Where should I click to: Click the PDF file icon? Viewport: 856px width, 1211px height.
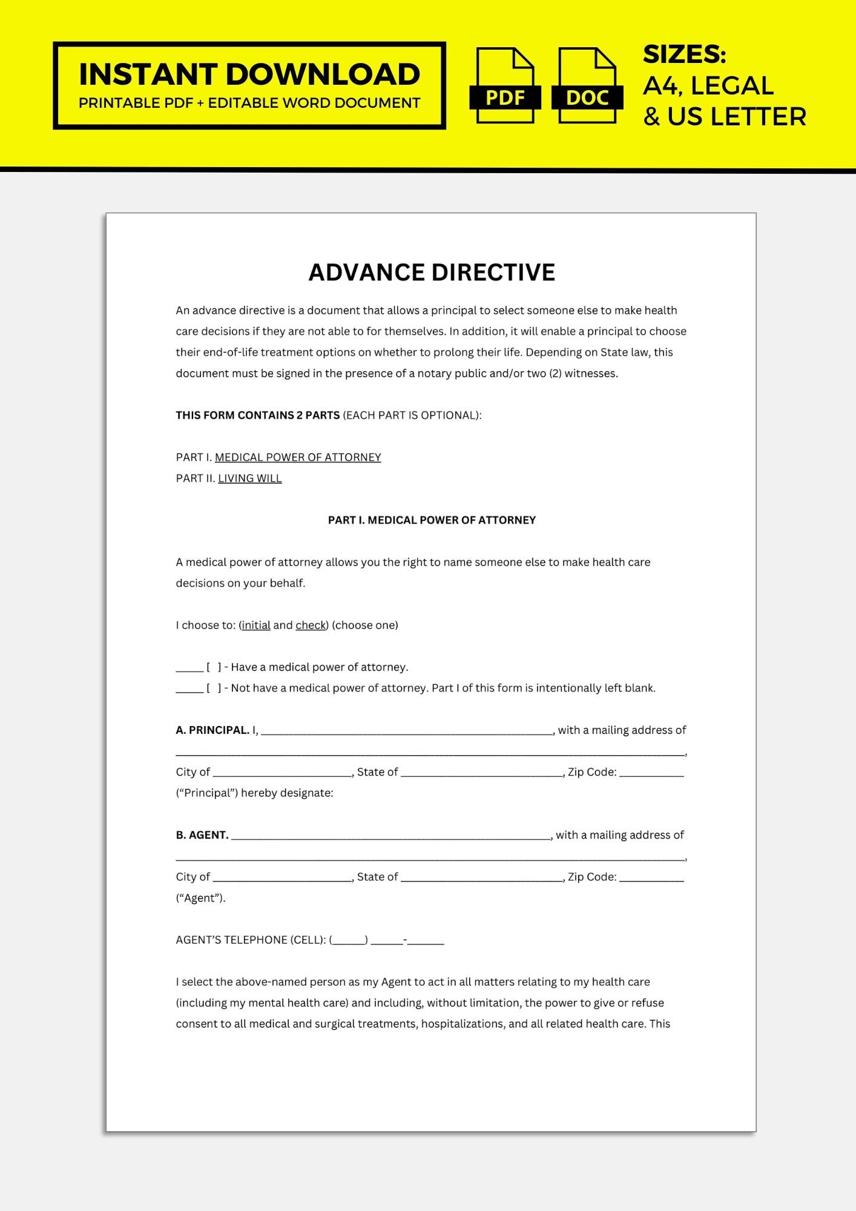505,86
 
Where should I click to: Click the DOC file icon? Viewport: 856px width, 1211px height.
587,86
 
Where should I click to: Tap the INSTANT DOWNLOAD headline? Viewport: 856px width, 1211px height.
249,74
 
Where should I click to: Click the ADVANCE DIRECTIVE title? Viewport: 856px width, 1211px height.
432,272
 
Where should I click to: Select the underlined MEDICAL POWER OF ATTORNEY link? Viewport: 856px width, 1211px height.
298,457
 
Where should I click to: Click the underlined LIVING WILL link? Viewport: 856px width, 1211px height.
250,478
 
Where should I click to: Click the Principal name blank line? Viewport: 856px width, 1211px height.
407,731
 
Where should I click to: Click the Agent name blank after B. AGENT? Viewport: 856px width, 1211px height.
391,836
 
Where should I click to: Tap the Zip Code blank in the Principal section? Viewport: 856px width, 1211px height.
651,773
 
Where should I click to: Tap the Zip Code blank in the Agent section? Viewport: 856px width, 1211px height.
651,878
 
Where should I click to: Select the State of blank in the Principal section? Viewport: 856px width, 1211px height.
482,773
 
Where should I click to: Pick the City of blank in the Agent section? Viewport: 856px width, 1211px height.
282,878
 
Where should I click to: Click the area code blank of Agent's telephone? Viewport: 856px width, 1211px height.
349,941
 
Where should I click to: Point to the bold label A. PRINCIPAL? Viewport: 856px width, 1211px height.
212,730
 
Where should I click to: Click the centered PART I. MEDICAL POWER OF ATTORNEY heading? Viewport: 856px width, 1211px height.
432,520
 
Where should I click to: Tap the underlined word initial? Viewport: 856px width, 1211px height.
256,625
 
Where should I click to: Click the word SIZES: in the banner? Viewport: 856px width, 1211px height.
684,54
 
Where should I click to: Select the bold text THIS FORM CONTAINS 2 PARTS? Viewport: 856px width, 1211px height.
258,415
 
